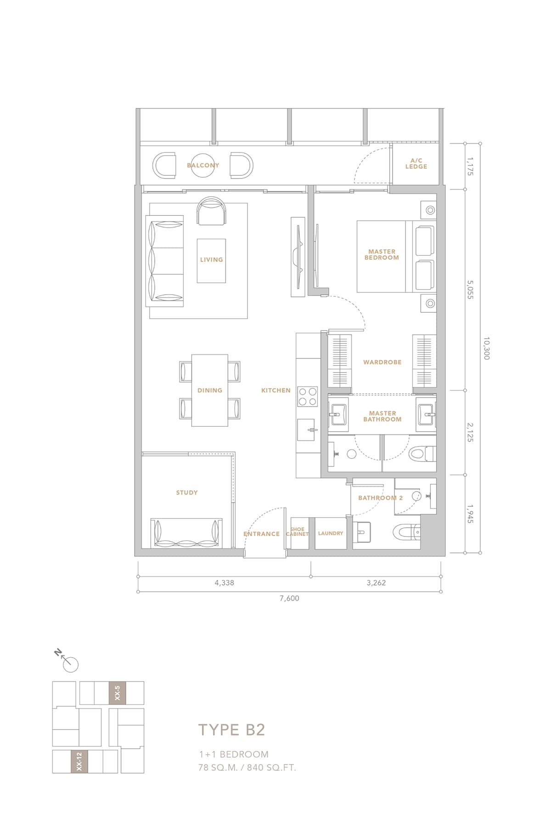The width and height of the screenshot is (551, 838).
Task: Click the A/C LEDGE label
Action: [416, 163]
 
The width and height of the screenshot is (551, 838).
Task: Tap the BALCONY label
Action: [203, 165]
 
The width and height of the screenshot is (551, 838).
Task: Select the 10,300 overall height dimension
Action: [486, 348]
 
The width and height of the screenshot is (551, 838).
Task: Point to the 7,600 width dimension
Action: [289, 598]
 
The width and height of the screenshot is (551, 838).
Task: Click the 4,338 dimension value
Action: [224, 582]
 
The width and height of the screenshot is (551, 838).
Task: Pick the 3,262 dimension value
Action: [376, 582]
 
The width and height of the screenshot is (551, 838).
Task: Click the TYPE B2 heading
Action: [232, 730]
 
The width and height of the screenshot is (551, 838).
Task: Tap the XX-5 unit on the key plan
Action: [117, 693]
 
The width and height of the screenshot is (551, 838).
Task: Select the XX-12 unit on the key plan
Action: [79, 761]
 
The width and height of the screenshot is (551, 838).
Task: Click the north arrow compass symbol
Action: [68, 661]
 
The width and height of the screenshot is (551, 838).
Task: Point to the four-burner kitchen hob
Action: [308, 397]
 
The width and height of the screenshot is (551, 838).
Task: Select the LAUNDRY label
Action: [331, 533]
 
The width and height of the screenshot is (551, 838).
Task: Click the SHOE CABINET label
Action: [297, 531]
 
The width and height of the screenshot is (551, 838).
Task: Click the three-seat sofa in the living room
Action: [165, 261]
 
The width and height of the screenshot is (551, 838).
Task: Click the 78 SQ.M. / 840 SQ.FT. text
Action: [247, 767]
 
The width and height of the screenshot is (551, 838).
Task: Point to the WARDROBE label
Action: [382, 362]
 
